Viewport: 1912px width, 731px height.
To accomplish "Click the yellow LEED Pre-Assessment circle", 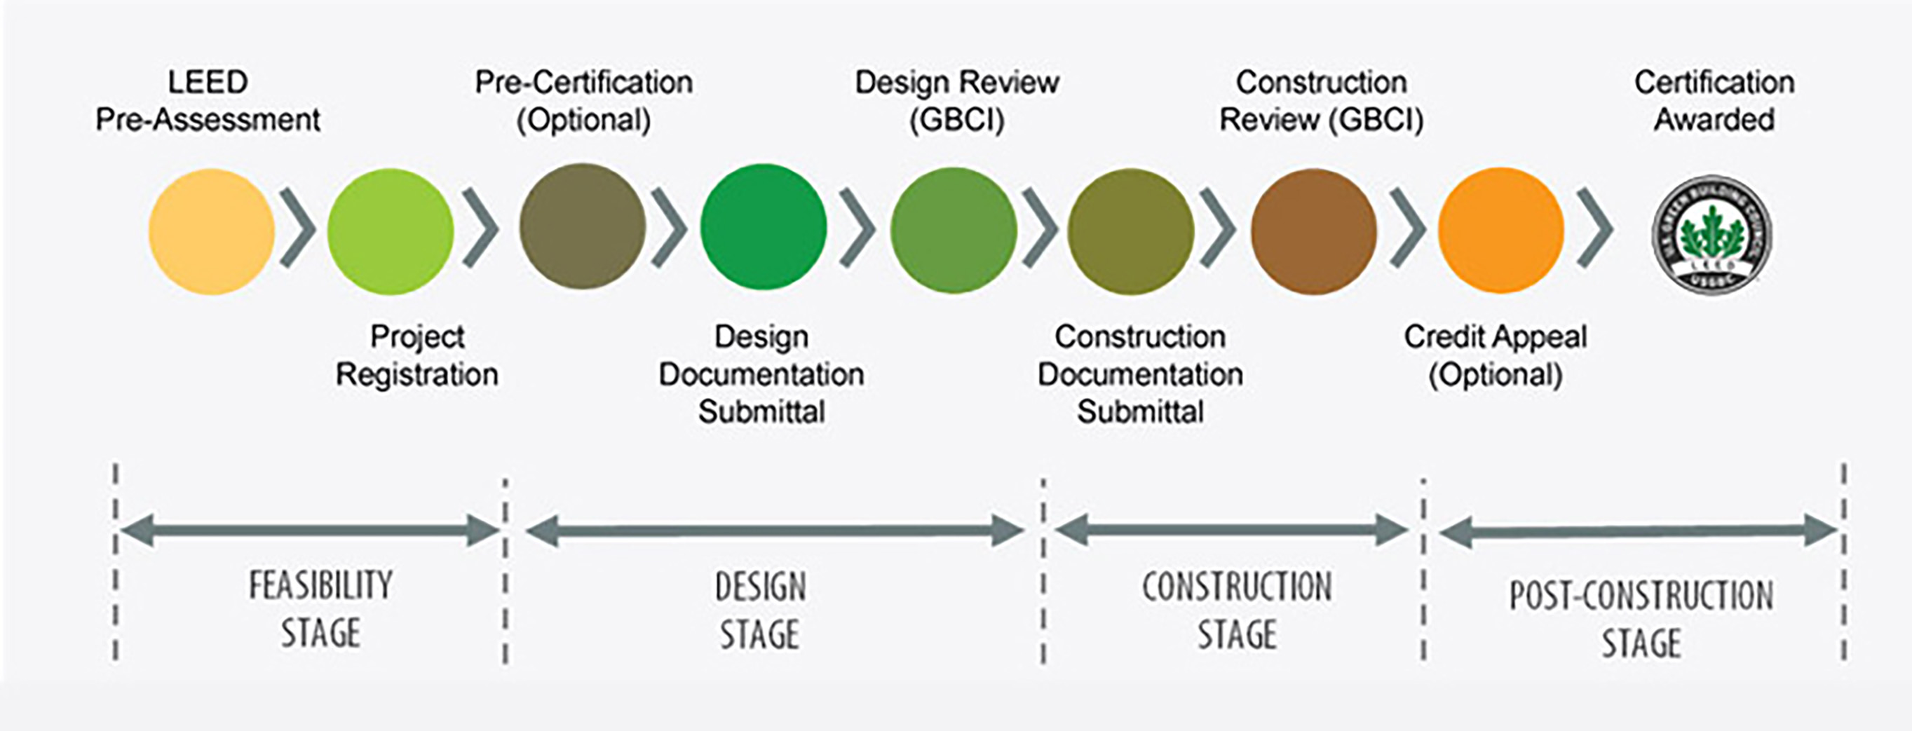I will pos(212,231).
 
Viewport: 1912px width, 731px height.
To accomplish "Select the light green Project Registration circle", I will pos(391,231).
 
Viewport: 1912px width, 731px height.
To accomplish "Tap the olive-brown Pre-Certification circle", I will pos(583,226).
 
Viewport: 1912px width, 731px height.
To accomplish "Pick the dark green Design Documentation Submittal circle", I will pos(764,227).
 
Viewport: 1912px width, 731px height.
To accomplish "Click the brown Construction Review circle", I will pos(1314,231).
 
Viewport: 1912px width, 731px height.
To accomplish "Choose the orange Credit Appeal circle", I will pos(1501,230).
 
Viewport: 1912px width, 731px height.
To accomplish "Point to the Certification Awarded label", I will pos(1714,101).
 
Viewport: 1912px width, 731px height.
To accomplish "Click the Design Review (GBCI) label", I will pos(957,101).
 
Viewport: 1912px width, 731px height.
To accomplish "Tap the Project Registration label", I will pos(417,355).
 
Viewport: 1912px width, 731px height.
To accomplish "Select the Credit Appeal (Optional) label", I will pos(1496,355).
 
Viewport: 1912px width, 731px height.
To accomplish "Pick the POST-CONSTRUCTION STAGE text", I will pos(1642,618).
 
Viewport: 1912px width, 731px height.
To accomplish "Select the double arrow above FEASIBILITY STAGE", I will pos(309,531).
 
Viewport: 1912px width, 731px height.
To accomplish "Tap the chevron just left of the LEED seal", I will pos(1595,228).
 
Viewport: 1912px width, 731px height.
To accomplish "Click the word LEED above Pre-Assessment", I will pos(208,81).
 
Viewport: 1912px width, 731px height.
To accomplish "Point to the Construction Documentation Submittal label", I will pos(1140,374).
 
